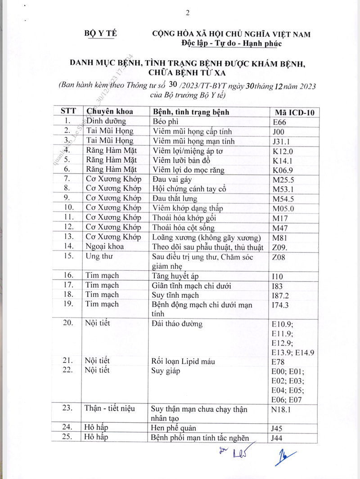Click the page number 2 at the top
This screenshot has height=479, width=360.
[x=187, y=13]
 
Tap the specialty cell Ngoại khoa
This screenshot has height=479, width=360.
[x=105, y=246]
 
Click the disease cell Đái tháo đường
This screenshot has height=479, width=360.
[x=178, y=323]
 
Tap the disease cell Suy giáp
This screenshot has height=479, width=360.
[x=166, y=371]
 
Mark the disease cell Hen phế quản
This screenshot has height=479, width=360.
[x=180, y=428]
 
